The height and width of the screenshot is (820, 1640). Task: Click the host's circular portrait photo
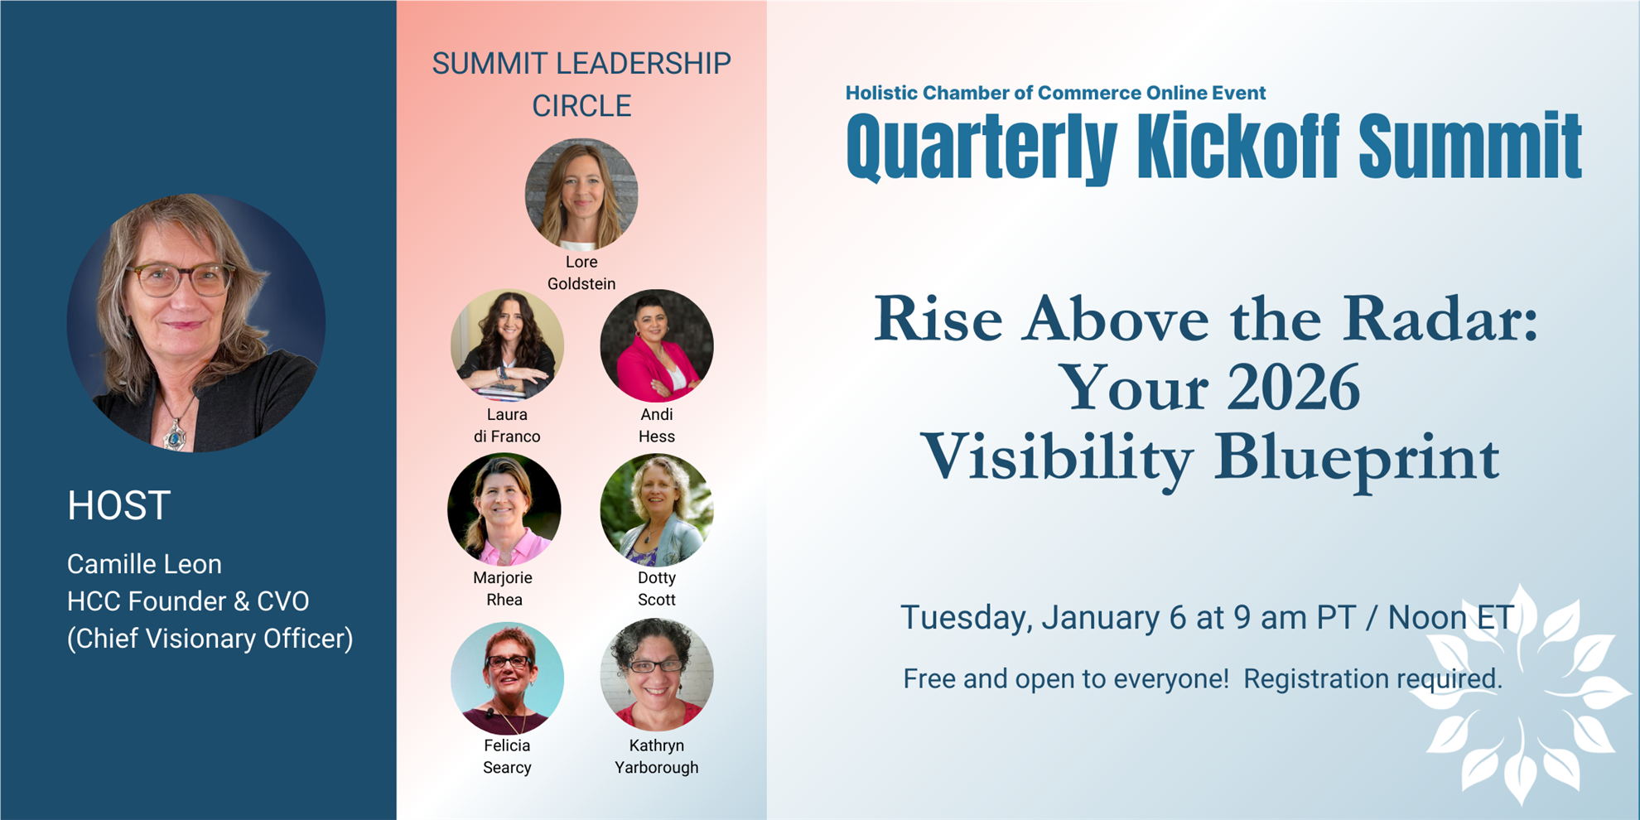pyautogui.click(x=196, y=323)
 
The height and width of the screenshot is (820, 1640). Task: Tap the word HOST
pyautogui.click(x=119, y=505)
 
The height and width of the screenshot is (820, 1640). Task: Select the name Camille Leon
pyautogui.click(x=144, y=564)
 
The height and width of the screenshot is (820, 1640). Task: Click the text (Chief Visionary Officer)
pyautogui.click(x=210, y=639)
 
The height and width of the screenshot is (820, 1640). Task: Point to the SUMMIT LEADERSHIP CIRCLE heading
pyautogui.click(x=581, y=84)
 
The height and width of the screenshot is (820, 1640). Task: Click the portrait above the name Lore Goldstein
pyautogui.click(x=581, y=195)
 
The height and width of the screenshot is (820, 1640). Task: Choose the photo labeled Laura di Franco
pyautogui.click(x=507, y=345)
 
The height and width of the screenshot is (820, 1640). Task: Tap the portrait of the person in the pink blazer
pyautogui.click(x=657, y=345)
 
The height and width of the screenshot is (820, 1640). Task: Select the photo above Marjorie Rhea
pyautogui.click(x=504, y=509)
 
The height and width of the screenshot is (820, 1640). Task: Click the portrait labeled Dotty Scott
pyautogui.click(x=657, y=509)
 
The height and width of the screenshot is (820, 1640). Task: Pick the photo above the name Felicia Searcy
pyautogui.click(x=507, y=678)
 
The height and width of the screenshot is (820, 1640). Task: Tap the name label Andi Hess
pyautogui.click(x=657, y=426)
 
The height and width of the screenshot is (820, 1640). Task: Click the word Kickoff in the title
pyautogui.click(x=1237, y=147)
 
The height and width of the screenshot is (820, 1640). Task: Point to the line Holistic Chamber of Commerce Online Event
pyautogui.click(x=1055, y=93)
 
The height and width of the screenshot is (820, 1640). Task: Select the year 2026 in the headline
pyautogui.click(x=1293, y=388)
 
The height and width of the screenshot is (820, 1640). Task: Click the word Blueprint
pyautogui.click(x=1357, y=458)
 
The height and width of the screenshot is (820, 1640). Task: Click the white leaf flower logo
pyautogui.click(x=1521, y=694)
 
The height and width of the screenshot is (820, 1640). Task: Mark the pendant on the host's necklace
pyautogui.click(x=175, y=435)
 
